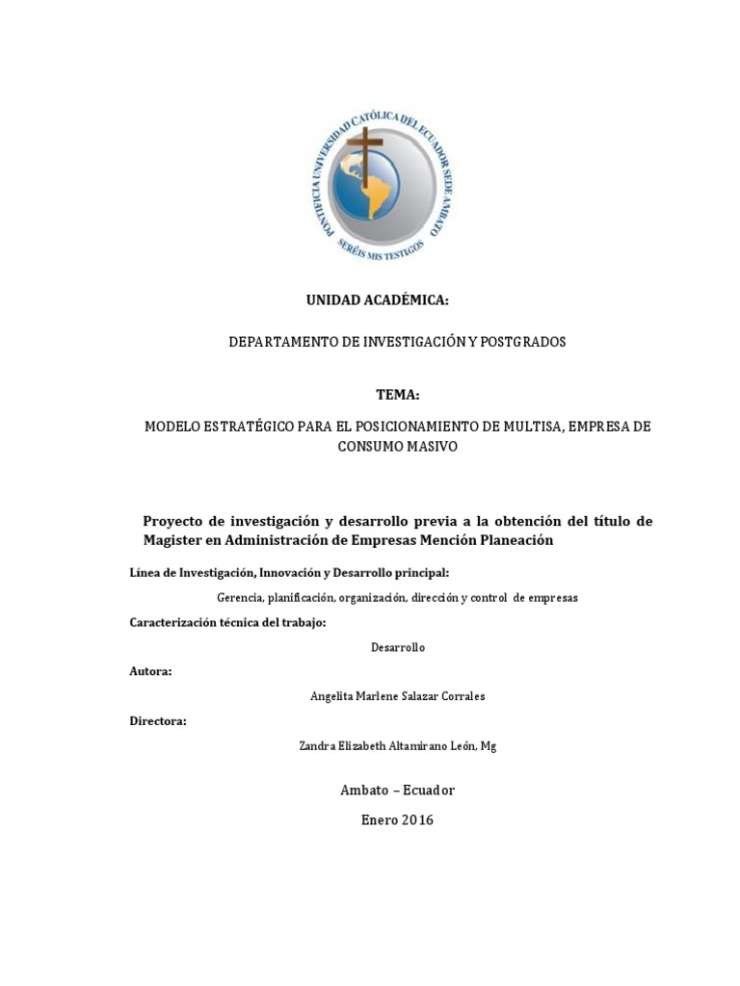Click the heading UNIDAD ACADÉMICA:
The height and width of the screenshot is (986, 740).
pyautogui.click(x=377, y=301)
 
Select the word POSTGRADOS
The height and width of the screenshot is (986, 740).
pyautogui.click(x=525, y=342)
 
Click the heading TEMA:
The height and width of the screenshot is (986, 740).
pyautogui.click(x=398, y=396)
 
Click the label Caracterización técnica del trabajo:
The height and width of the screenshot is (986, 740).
pyautogui.click(x=227, y=622)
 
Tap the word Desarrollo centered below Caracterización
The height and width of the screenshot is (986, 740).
pyautogui.click(x=397, y=647)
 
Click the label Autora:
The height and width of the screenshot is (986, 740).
pyautogui.click(x=150, y=671)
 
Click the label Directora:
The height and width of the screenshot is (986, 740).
pyautogui.click(x=158, y=720)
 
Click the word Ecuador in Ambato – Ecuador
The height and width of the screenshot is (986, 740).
pyautogui.click(x=428, y=791)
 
